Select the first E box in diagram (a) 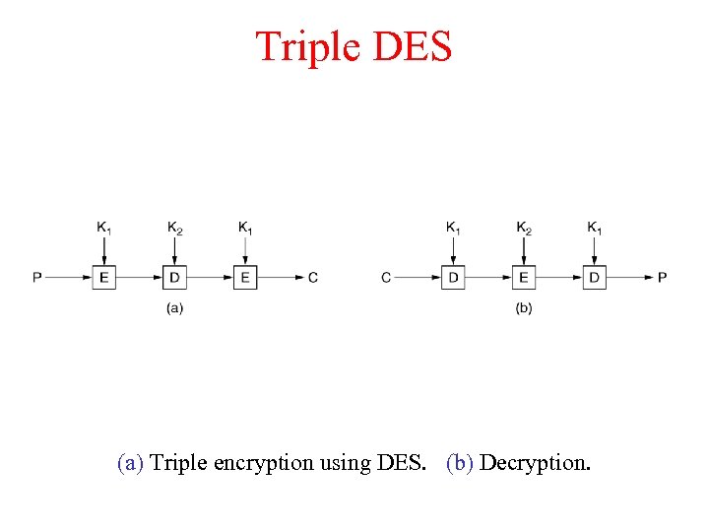point(104,277)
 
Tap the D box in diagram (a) point(174,277)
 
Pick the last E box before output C point(244,277)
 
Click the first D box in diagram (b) point(453,277)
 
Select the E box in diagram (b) point(524,277)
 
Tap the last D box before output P point(594,277)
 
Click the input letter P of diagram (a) point(36,277)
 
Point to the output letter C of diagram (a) point(313,277)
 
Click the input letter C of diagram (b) point(386,277)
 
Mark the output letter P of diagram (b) point(663,277)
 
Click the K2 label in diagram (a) point(174,229)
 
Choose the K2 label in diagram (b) point(524,229)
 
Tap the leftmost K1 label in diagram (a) point(104,229)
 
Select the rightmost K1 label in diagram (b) point(595,229)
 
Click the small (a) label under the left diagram point(174,308)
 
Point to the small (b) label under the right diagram point(524,308)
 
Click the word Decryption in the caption point(535,462)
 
